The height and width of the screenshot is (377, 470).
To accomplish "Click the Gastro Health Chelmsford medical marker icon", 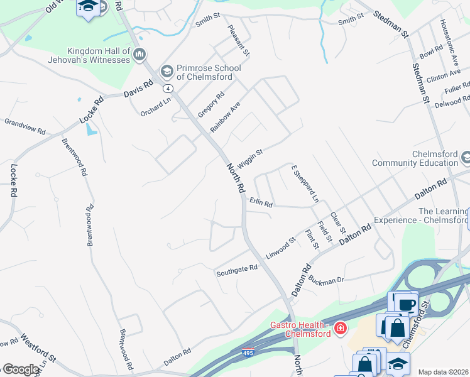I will click(x=340, y=329).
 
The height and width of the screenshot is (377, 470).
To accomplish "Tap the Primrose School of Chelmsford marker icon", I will click(x=167, y=70).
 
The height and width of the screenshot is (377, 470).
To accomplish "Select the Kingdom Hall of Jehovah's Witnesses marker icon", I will click(x=139, y=55).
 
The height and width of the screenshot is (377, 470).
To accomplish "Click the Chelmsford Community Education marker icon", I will click(x=466, y=156).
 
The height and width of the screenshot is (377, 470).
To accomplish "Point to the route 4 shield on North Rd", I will click(x=169, y=88).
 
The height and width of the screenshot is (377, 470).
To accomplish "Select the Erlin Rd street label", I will click(x=261, y=203).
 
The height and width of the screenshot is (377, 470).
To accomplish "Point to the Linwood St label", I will click(x=280, y=247).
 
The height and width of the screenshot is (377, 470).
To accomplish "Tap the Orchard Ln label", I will click(x=155, y=107).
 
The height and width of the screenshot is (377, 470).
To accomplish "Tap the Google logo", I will click(x=20, y=369).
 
